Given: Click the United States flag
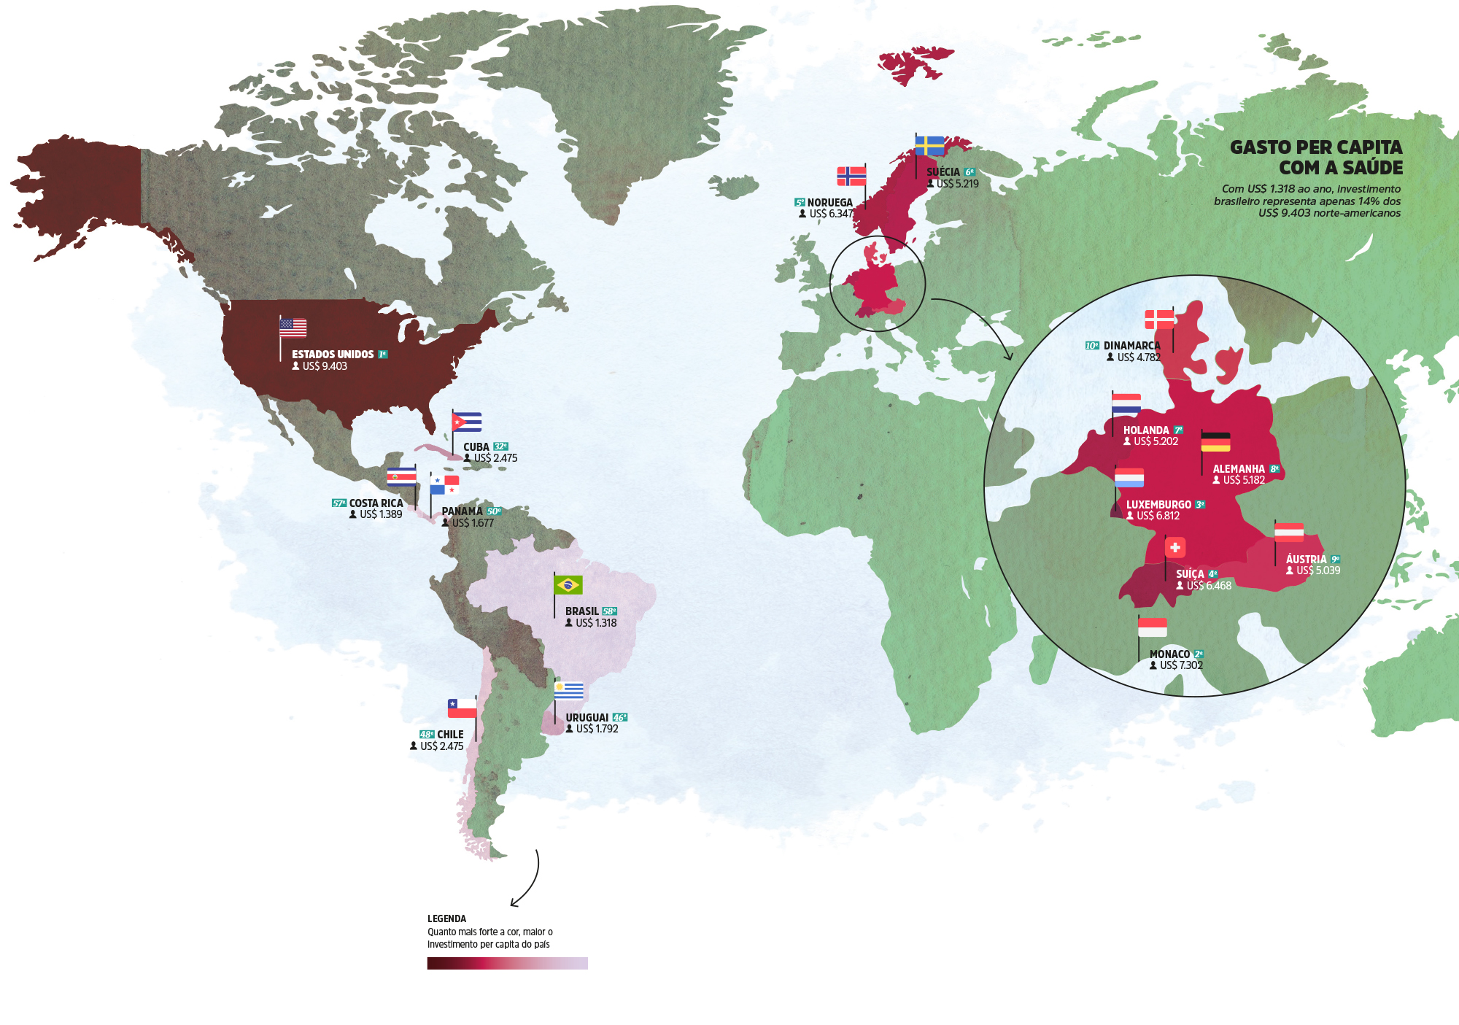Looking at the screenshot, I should pyautogui.click(x=293, y=328).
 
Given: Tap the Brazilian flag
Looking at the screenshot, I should pyautogui.click(x=568, y=585).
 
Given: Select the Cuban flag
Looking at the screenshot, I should pyautogui.click(x=467, y=422).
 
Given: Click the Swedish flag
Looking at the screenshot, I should pyautogui.click(x=930, y=146).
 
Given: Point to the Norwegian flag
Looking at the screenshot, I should pyautogui.click(x=851, y=177).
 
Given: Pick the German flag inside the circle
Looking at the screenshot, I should pyautogui.click(x=1215, y=442).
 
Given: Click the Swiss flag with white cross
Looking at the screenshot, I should pyautogui.click(x=1175, y=547).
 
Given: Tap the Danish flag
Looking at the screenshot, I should pyautogui.click(x=1159, y=320).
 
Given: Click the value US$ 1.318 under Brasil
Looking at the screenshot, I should pyautogui.click(x=596, y=623).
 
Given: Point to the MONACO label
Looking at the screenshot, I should pyautogui.click(x=1169, y=654).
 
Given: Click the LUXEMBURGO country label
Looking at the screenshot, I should pyautogui.click(x=1158, y=505).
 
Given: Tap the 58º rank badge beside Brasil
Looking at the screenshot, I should pyautogui.click(x=609, y=611).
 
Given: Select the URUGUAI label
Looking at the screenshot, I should pyautogui.click(x=587, y=718).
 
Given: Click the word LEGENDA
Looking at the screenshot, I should pyautogui.click(x=446, y=918).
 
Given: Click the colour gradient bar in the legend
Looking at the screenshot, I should pyautogui.click(x=507, y=963).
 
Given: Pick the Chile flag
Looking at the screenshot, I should pyautogui.click(x=462, y=708).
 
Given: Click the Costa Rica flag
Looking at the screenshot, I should pyautogui.click(x=401, y=477).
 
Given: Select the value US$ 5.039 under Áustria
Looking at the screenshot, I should pyautogui.click(x=1317, y=570).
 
